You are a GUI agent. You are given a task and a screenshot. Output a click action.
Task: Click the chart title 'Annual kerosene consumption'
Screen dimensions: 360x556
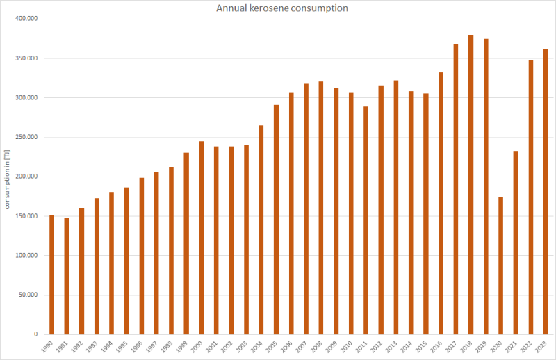tap(282, 8)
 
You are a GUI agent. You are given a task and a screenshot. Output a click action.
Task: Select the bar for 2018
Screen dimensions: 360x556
tap(471, 184)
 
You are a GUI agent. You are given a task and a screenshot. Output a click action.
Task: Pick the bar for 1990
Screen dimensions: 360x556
tap(51, 275)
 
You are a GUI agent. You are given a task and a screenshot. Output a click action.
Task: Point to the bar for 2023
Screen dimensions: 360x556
tap(546, 191)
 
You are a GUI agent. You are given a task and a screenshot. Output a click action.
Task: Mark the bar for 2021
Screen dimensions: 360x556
tap(516, 243)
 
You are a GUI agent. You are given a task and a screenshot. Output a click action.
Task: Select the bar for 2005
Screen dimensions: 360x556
tap(276, 220)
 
